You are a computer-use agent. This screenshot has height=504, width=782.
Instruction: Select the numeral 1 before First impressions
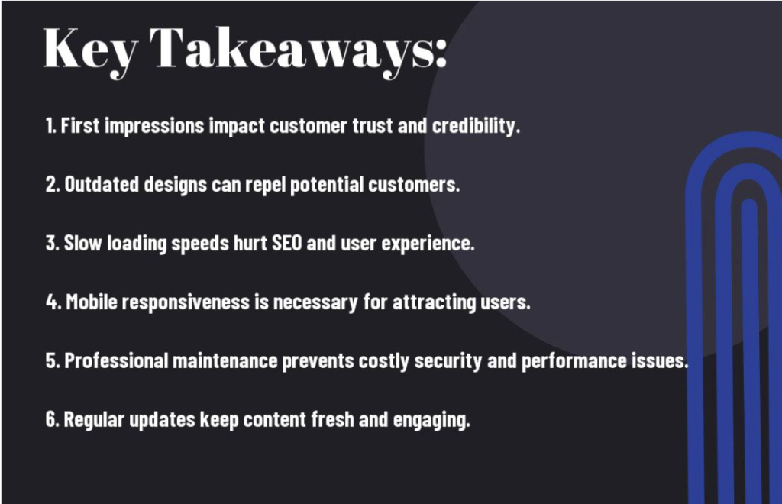[x=48, y=126]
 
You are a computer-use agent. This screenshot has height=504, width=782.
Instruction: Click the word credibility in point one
[x=476, y=126]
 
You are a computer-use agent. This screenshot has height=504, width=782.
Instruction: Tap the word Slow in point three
[x=79, y=244]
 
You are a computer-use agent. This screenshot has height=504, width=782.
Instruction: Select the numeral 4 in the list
[x=50, y=302]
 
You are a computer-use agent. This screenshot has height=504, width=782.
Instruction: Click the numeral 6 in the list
[x=50, y=420]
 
